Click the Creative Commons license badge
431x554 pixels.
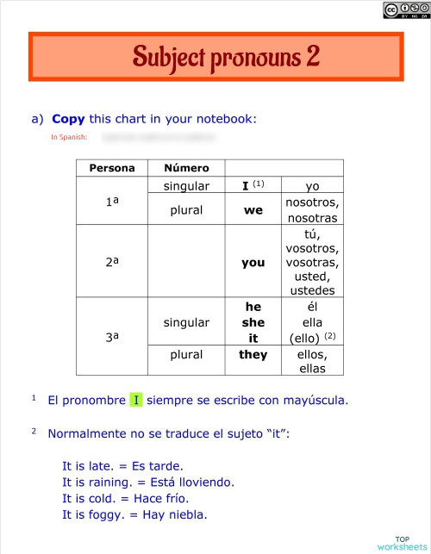[405, 10]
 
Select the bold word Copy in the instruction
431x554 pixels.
[68, 119]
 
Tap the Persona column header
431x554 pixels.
[112, 168]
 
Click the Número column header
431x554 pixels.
[186, 168]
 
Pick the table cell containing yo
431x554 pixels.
[312, 185]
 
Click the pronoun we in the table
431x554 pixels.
[253, 209]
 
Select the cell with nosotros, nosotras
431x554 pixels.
[312, 210]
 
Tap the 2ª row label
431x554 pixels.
[112, 261]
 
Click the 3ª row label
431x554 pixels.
[112, 338]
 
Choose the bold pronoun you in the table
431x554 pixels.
[253, 262]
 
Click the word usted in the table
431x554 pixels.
[312, 277]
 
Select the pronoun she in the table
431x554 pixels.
[253, 322]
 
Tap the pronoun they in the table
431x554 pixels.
[253, 354]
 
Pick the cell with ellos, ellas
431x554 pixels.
[312, 362]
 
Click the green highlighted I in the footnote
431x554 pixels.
[135, 400]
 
